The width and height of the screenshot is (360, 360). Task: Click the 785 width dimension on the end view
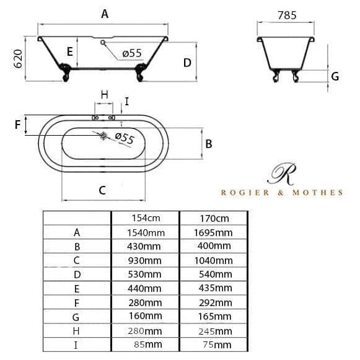287,15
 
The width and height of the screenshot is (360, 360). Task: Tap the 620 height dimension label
18,59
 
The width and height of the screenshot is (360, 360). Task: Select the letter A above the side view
105,14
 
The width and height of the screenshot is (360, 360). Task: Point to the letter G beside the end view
335,76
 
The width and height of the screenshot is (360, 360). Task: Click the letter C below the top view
102,191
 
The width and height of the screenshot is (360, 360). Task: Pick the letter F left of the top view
17,125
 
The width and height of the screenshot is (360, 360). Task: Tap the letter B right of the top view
208,144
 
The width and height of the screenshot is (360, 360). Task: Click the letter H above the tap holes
105,95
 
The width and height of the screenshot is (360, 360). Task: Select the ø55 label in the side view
132,53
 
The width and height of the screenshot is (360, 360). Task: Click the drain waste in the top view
103,136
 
